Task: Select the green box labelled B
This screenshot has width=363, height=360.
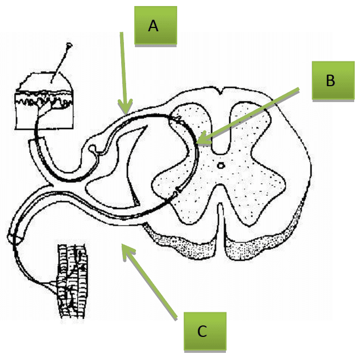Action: (x=331, y=81)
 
